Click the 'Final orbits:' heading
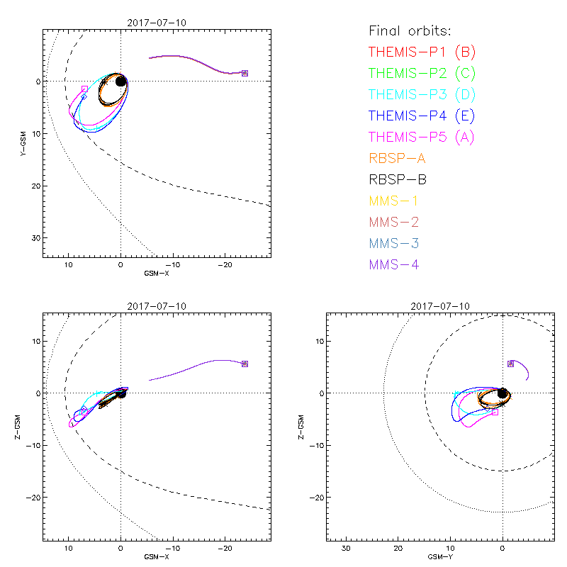pos(410,31)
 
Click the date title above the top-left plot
pos(157,23)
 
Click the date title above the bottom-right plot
pos(440,306)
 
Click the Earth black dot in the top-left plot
pos(120,82)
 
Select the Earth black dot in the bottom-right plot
pos(503,393)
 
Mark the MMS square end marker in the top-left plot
pos(245,73)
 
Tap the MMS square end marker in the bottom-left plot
pos(245,364)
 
